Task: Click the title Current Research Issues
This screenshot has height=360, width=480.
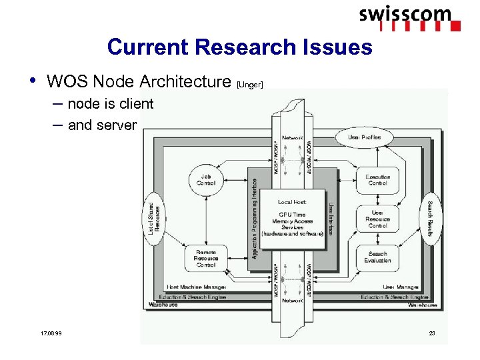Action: click(x=239, y=47)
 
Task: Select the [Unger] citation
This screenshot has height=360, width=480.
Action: click(x=251, y=85)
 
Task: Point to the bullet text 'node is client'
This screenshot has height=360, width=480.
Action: click(x=111, y=104)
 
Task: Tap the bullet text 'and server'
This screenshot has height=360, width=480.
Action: click(x=102, y=125)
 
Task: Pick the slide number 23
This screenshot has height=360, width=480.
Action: click(x=431, y=333)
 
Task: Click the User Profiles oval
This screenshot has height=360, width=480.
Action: click(x=365, y=137)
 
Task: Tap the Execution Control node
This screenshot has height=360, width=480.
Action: click(x=377, y=179)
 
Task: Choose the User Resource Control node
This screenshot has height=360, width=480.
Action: click(x=377, y=219)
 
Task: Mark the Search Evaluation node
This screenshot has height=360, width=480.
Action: click(x=377, y=257)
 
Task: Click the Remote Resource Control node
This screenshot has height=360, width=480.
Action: click(x=206, y=258)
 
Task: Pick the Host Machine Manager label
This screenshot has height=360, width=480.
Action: click(x=196, y=287)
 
